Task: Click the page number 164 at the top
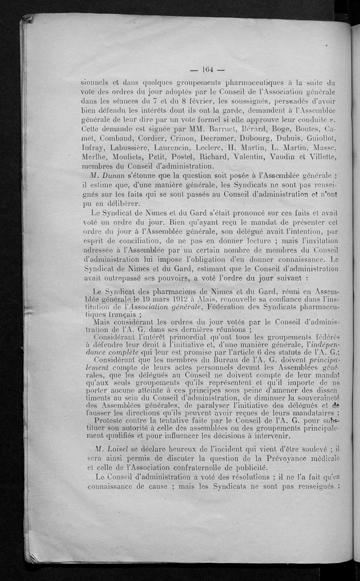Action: (208, 69)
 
